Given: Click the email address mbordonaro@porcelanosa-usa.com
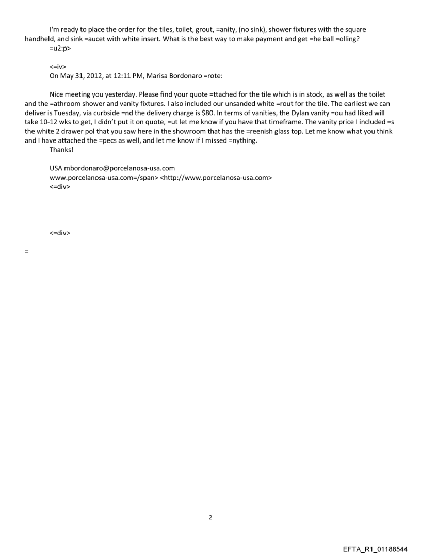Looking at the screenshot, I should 120,169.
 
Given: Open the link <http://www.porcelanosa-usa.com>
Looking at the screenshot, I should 216,177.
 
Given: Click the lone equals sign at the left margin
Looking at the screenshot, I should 26,251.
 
